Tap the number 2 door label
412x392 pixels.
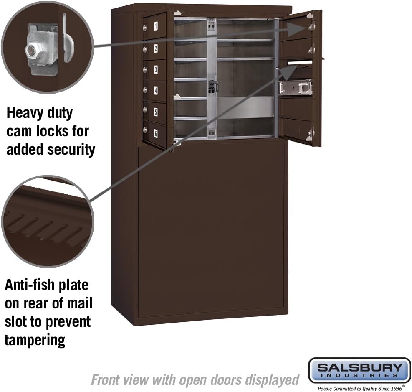[x=156, y=48]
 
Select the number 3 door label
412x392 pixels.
[x=156, y=69]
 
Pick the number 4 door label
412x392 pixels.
[x=156, y=90]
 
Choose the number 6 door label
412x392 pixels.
[x=156, y=133]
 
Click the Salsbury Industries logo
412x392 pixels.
[x=359, y=370]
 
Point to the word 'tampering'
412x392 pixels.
[x=35, y=339]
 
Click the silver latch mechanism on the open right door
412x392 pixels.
[x=296, y=87]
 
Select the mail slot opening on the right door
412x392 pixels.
[x=300, y=63]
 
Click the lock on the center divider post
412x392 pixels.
[x=212, y=87]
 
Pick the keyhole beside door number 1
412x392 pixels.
[x=145, y=28]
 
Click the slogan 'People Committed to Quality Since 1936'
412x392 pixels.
[x=359, y=388]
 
